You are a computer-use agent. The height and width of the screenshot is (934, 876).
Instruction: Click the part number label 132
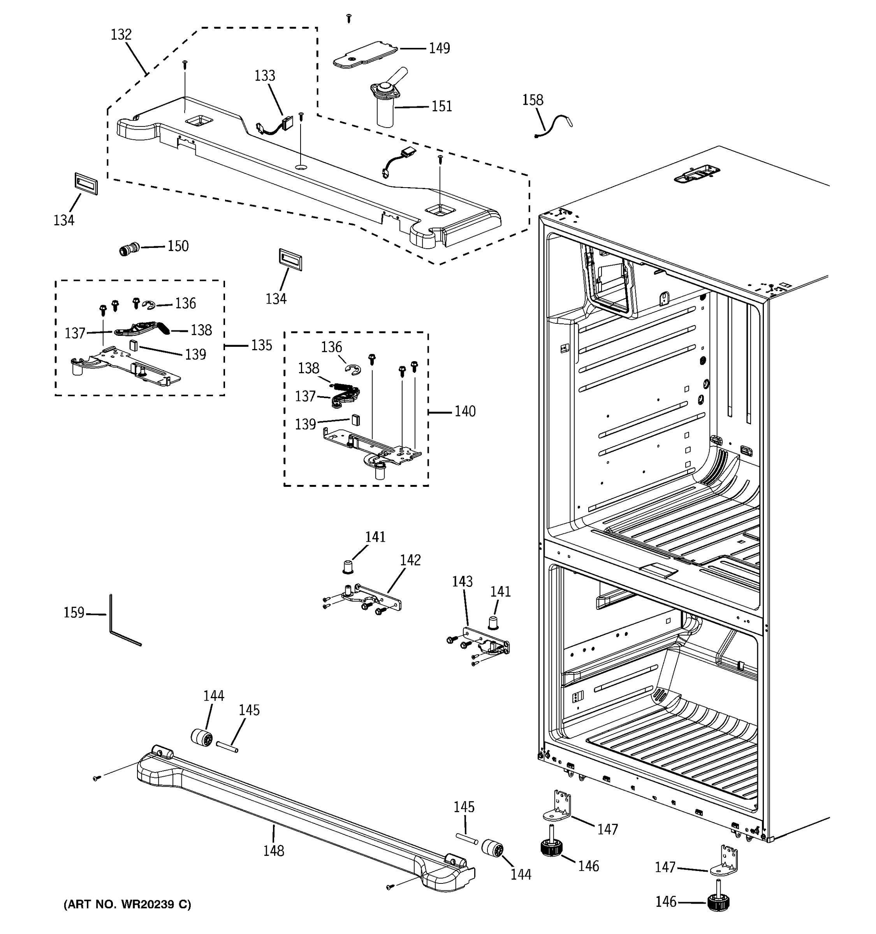coord(121,35)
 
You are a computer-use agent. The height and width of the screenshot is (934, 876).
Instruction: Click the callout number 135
coord(261,345)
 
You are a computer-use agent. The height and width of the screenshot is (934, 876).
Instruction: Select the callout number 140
coord(465,412)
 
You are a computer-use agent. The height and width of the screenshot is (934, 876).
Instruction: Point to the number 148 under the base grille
coord(274,851)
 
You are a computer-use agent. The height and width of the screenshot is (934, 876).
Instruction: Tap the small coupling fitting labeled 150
coord(129,249)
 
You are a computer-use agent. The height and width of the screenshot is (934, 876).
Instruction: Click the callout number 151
coord(442,107)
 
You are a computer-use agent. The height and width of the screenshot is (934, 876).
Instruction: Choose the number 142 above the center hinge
coord(410,560)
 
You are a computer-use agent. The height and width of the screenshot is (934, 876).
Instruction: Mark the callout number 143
coord(462,582)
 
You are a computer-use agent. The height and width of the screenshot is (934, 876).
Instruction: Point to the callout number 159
coord(74,613)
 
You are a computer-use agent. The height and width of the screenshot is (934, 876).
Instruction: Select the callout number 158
coord(533,100)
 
